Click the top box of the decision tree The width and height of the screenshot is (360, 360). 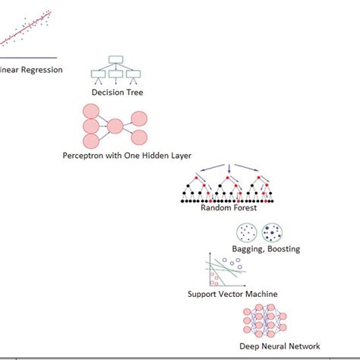(116, 59)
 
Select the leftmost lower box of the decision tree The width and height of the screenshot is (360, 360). (98, 74)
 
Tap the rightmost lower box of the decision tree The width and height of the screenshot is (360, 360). (134, 74)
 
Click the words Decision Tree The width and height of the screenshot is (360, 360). (117, 93)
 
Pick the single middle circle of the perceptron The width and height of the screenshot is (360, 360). (115, 126)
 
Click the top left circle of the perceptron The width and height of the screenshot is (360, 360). (90, 112)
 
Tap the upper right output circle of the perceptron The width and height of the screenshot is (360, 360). (139, 118)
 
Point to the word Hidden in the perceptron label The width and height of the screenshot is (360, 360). (150, 155)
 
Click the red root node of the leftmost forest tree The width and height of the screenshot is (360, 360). (195, 176)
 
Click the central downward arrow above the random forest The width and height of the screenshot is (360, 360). (229, 169)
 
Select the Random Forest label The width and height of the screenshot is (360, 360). (229, 207)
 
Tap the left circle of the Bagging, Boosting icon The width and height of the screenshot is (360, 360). (247, 232)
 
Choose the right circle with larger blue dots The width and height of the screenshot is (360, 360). (271, 232)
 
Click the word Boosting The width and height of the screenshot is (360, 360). (283, 248)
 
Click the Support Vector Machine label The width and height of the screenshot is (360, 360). (232, 294)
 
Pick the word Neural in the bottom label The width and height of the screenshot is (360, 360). (280, 346)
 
